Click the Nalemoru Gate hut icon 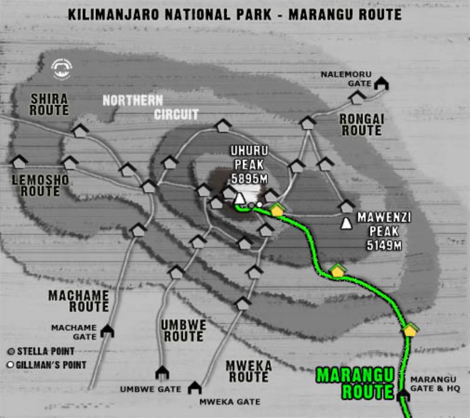coord(382,83)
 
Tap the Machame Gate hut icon coord(107,331)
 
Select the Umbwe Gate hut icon coord(162,373)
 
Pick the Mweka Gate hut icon coord(194,387)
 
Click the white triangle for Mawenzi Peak coord(347,224)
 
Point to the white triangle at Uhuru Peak coord(240,198)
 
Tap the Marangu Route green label coord(354,383)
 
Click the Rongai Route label coord(361,124)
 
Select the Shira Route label coord(49,104)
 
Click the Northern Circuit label coord(151,107)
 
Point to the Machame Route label coord(79,301)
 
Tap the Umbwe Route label coord(183,331)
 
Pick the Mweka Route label coord(249,371)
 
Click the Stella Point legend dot coord(11,352)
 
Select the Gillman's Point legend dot coord(11,365)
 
